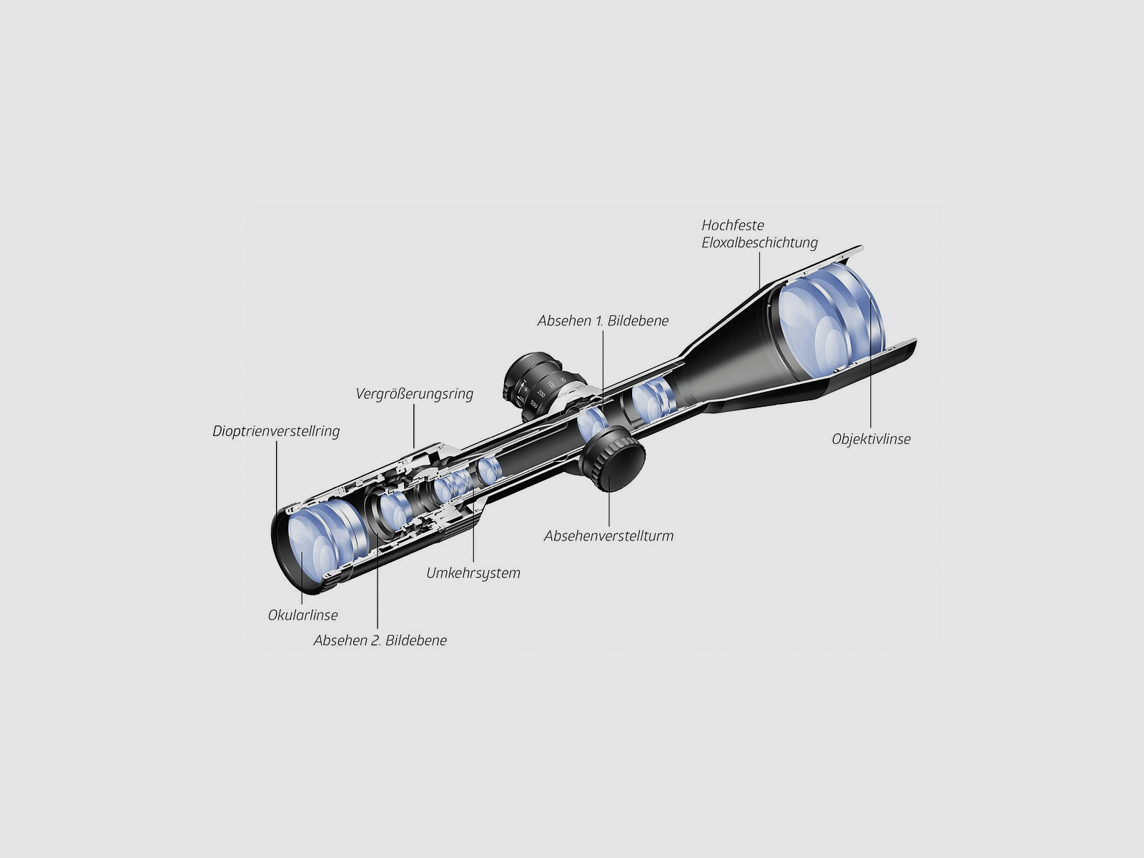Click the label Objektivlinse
click(871, 439)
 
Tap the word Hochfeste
click(733, 225)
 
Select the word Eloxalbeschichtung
click(759, 242)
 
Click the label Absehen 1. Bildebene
click(603, 321)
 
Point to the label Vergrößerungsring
click(415, 394)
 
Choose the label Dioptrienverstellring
click(276, 431)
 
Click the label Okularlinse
click(302, 615)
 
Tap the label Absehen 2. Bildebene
click(380, 640)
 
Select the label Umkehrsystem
click(473, 573)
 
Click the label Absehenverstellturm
click(608, 536)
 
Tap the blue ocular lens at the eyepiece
click(315, 543)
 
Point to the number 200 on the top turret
click(541, 395)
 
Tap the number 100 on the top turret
click(551, 385)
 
